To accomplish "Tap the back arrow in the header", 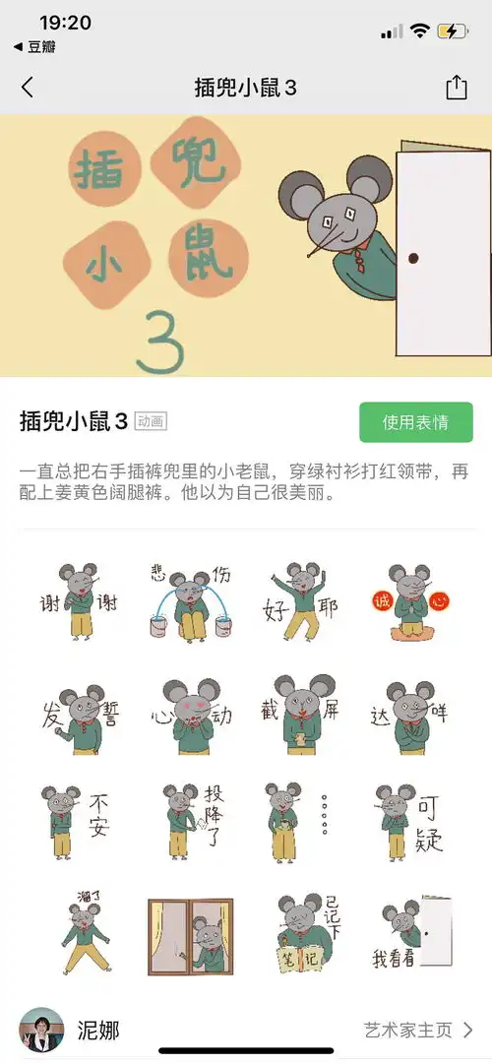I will (27, 88).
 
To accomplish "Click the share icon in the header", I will (457, 88).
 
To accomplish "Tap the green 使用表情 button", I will (415, 422).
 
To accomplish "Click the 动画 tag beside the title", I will (151, 422).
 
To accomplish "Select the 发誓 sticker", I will (79, 715).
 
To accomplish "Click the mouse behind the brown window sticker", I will (190, 936).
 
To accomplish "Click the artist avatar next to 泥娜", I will (42, 1030).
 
